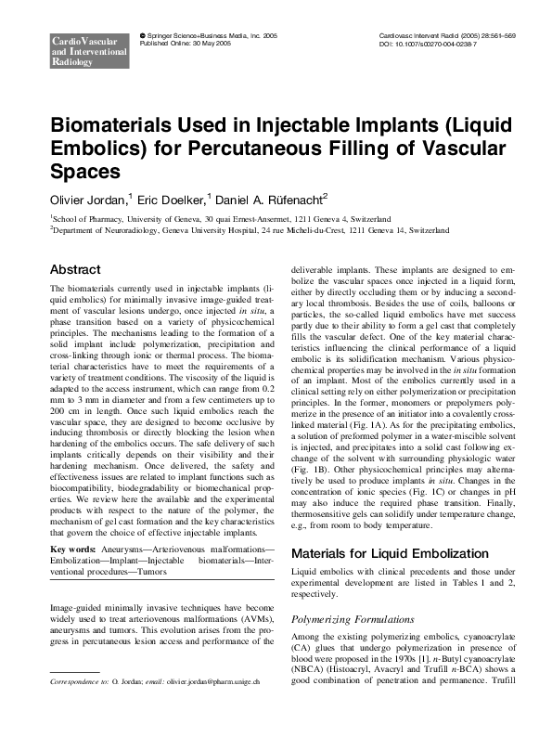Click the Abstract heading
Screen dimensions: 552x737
click(75, 269)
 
